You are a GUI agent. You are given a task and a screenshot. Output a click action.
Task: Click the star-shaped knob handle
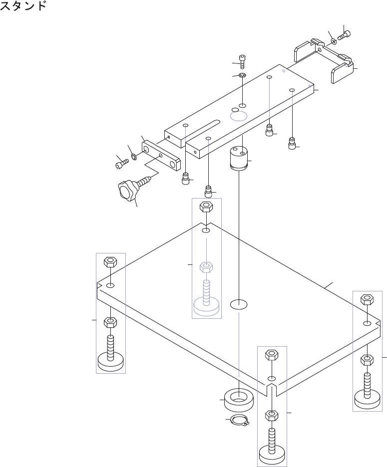tap(127, 190)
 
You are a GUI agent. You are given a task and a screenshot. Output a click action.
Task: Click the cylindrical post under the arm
tap(239, 159)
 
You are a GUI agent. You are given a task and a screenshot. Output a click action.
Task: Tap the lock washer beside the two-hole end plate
tap(134, 157)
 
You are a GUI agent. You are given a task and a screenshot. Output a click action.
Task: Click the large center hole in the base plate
tap(239, 304)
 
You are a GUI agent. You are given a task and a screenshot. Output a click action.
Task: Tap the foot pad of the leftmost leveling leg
tap(111, 362)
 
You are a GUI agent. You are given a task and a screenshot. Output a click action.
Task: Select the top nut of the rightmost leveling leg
tap(367, 299)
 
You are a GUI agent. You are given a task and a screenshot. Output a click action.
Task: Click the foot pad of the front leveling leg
tap(272, 456)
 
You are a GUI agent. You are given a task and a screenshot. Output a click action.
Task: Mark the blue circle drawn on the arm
tap(238, 116)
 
